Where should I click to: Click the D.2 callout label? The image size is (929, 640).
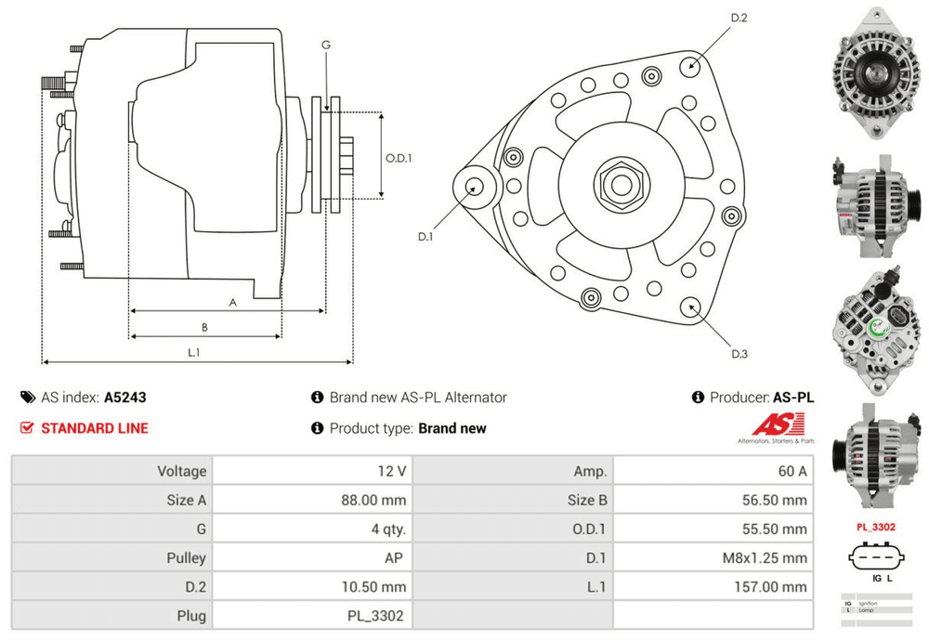[739, 18]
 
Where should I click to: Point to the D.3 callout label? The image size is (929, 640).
[739, 353]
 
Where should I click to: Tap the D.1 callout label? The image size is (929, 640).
[425, 237]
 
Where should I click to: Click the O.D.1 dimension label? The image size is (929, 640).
[399, 157]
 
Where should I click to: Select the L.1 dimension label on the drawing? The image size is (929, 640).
[195, 352]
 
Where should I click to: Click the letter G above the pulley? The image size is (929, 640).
[326, 45]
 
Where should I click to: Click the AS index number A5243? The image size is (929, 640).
[124, 397]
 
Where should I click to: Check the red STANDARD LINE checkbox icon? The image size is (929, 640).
[26, 428]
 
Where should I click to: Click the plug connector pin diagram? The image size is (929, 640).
[876, 559]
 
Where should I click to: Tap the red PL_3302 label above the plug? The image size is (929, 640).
[875, 527]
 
